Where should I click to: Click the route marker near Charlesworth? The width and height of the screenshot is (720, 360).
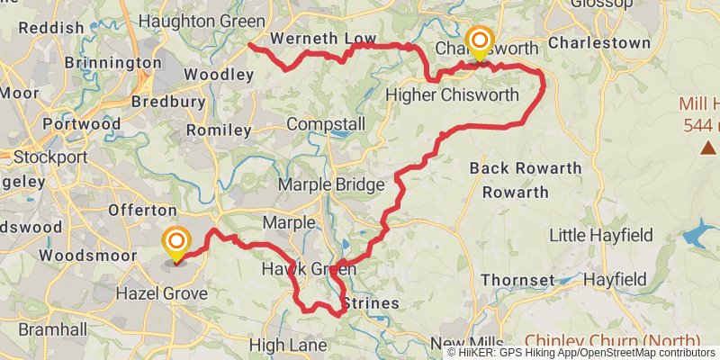coord(479,42)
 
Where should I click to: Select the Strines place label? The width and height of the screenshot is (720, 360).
coord(371,303)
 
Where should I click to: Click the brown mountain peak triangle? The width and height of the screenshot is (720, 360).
coord(709,147)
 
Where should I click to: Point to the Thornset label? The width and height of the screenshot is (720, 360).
coord(517,280)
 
